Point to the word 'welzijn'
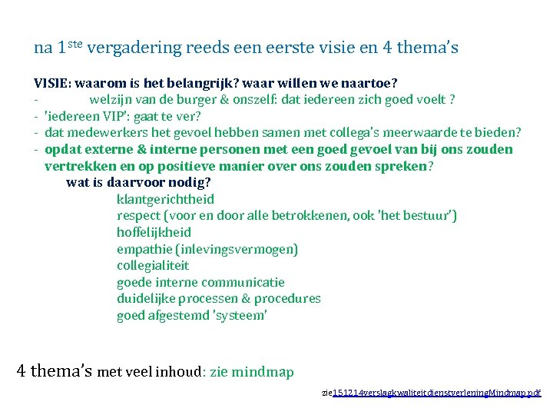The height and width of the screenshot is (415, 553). tap(111, 100)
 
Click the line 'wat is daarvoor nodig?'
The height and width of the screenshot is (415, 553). tap(138, 183)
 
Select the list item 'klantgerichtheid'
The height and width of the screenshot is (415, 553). tap(165, 199)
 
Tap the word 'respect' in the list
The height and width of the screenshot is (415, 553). tap(139, 216)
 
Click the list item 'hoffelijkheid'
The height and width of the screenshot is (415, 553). tap(154, 232)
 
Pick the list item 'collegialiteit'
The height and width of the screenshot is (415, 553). tap(153, 265)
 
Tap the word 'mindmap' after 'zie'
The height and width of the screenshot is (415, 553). tap(263, 373)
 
